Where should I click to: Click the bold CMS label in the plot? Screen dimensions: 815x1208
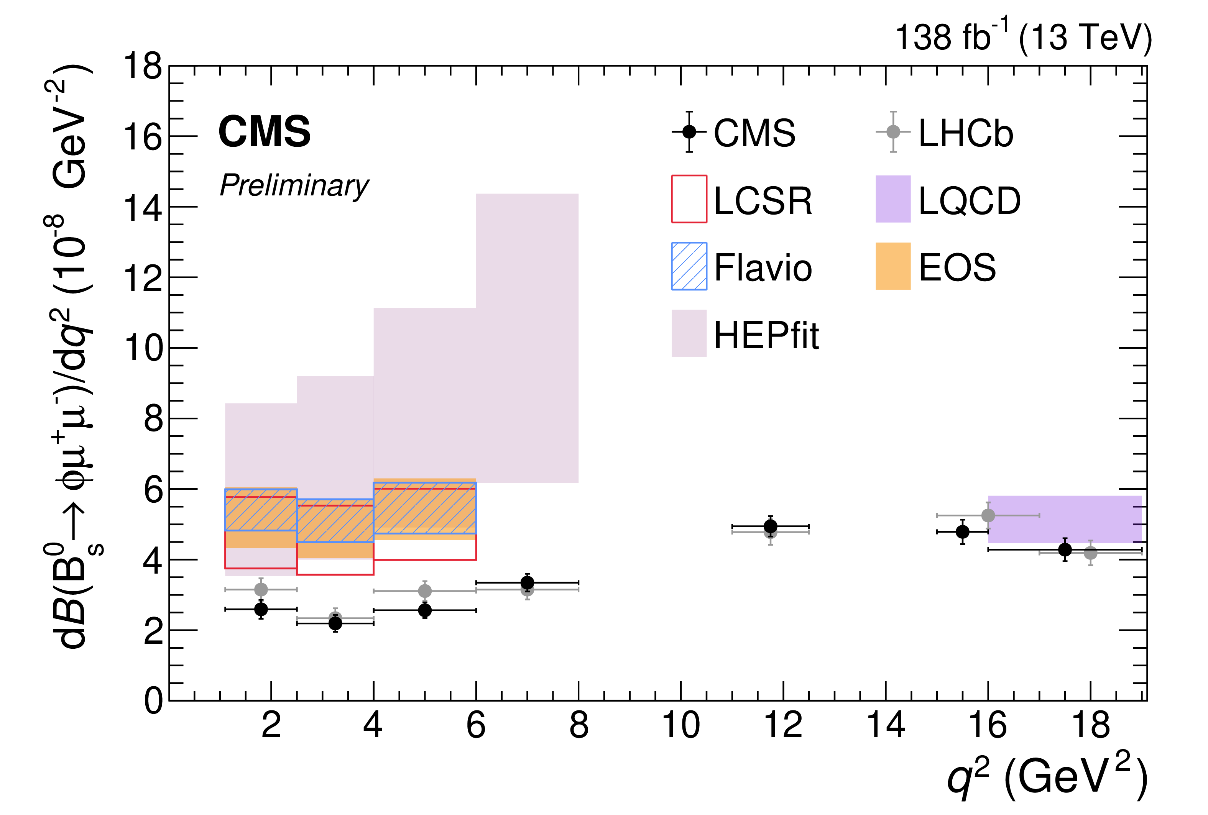point(264,131)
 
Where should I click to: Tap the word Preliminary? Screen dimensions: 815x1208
point(294,185)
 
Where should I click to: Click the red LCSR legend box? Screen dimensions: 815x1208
point(689,199)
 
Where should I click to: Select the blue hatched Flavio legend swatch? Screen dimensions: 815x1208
point(689,266)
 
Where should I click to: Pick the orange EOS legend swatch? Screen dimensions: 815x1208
point(892,266)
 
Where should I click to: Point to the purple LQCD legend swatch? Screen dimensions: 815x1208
point(892,199)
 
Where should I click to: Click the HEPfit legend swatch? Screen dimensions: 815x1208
point(689,333)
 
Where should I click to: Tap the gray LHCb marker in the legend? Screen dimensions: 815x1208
point(892,132)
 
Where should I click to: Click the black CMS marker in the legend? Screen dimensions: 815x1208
point(689,132)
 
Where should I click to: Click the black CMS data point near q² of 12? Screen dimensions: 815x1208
point(770,526)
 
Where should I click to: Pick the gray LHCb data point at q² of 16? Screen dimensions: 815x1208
point(988,515)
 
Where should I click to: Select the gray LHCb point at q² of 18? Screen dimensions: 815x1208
point(1090,553)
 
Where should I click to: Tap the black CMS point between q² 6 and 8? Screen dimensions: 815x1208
point(527,582)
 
